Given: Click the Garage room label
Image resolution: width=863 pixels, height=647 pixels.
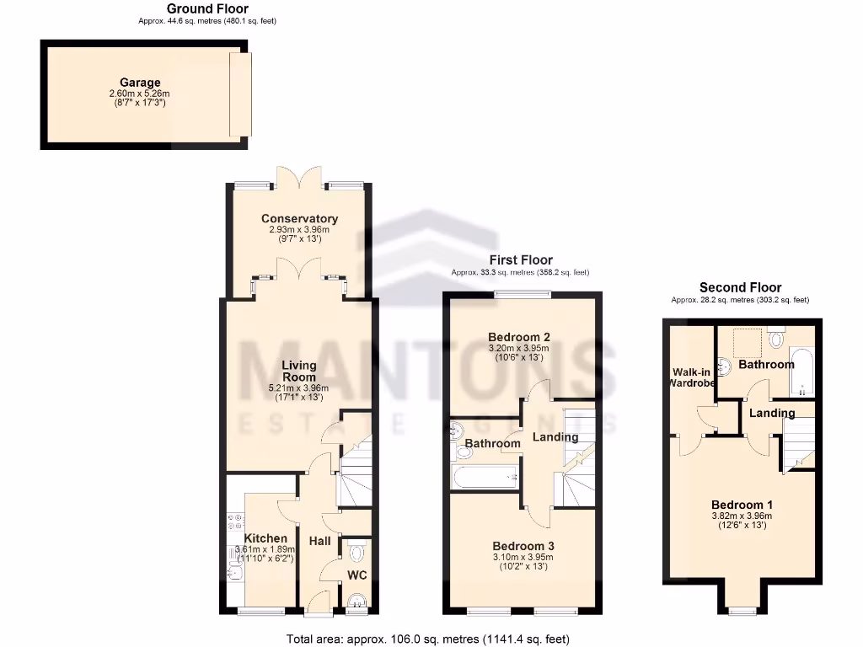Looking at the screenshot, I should pos(140,83).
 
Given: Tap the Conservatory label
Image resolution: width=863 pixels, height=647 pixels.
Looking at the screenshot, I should pos(299,219).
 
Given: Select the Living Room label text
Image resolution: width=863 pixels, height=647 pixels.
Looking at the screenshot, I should pos(299,372).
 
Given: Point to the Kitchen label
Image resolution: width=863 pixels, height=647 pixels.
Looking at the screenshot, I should pos(265,538).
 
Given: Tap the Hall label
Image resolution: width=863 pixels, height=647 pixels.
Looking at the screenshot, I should pos(319,541).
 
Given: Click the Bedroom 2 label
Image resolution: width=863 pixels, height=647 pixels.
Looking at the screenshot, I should pos(519,338).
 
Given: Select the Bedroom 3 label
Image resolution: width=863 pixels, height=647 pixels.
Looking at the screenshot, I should pos(523,545).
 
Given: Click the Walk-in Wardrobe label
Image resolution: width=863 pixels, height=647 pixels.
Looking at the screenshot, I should pos(693,377).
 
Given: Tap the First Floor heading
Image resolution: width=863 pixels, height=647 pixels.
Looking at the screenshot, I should pos(521,260).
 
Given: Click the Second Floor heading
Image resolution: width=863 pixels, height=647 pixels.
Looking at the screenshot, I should pos(740,287).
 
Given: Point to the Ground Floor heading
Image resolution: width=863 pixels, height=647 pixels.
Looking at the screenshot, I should pos(207,9).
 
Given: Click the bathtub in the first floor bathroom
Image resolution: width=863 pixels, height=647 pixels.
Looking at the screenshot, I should pos(485,478).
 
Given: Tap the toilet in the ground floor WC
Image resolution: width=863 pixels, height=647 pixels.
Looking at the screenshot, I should pos(356,553).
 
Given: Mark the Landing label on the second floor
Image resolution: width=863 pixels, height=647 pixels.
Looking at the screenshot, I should pos(772,413).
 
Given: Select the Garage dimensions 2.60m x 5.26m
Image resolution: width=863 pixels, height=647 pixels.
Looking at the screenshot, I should pos(140,94).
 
